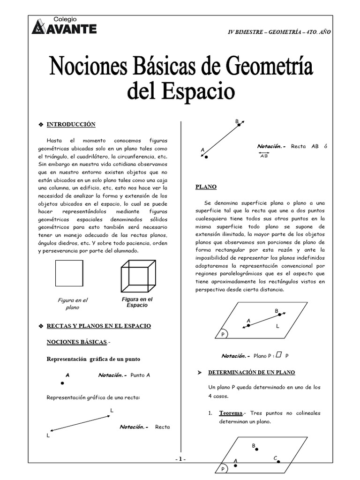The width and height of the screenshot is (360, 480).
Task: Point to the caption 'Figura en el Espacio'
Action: [x=137, y=302]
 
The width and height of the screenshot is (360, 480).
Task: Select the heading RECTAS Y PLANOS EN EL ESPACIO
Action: [x=98, y=325]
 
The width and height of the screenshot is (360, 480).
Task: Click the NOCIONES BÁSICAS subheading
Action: [x=76, y=342]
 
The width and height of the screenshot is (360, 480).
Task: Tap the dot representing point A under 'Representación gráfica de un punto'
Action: [x=62, y=383]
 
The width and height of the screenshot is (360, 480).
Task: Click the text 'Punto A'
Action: [x=141, y=375]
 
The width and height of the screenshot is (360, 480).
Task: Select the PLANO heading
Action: [x=206, y=187]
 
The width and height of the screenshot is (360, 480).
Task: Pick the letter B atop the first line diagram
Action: [x=237, y=122]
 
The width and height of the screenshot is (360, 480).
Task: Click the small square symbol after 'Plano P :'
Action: [x=279, y=355]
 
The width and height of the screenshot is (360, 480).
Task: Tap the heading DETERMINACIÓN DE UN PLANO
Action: [x=252, y=372]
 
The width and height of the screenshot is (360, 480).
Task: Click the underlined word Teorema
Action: [x=231, y=413]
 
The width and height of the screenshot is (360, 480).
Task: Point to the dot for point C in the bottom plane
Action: [x=278, y=461]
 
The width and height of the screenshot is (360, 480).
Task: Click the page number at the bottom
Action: [x=180, y=459]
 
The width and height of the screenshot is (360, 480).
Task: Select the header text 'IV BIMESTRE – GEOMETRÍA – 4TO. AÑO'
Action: [x=279, y=31]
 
